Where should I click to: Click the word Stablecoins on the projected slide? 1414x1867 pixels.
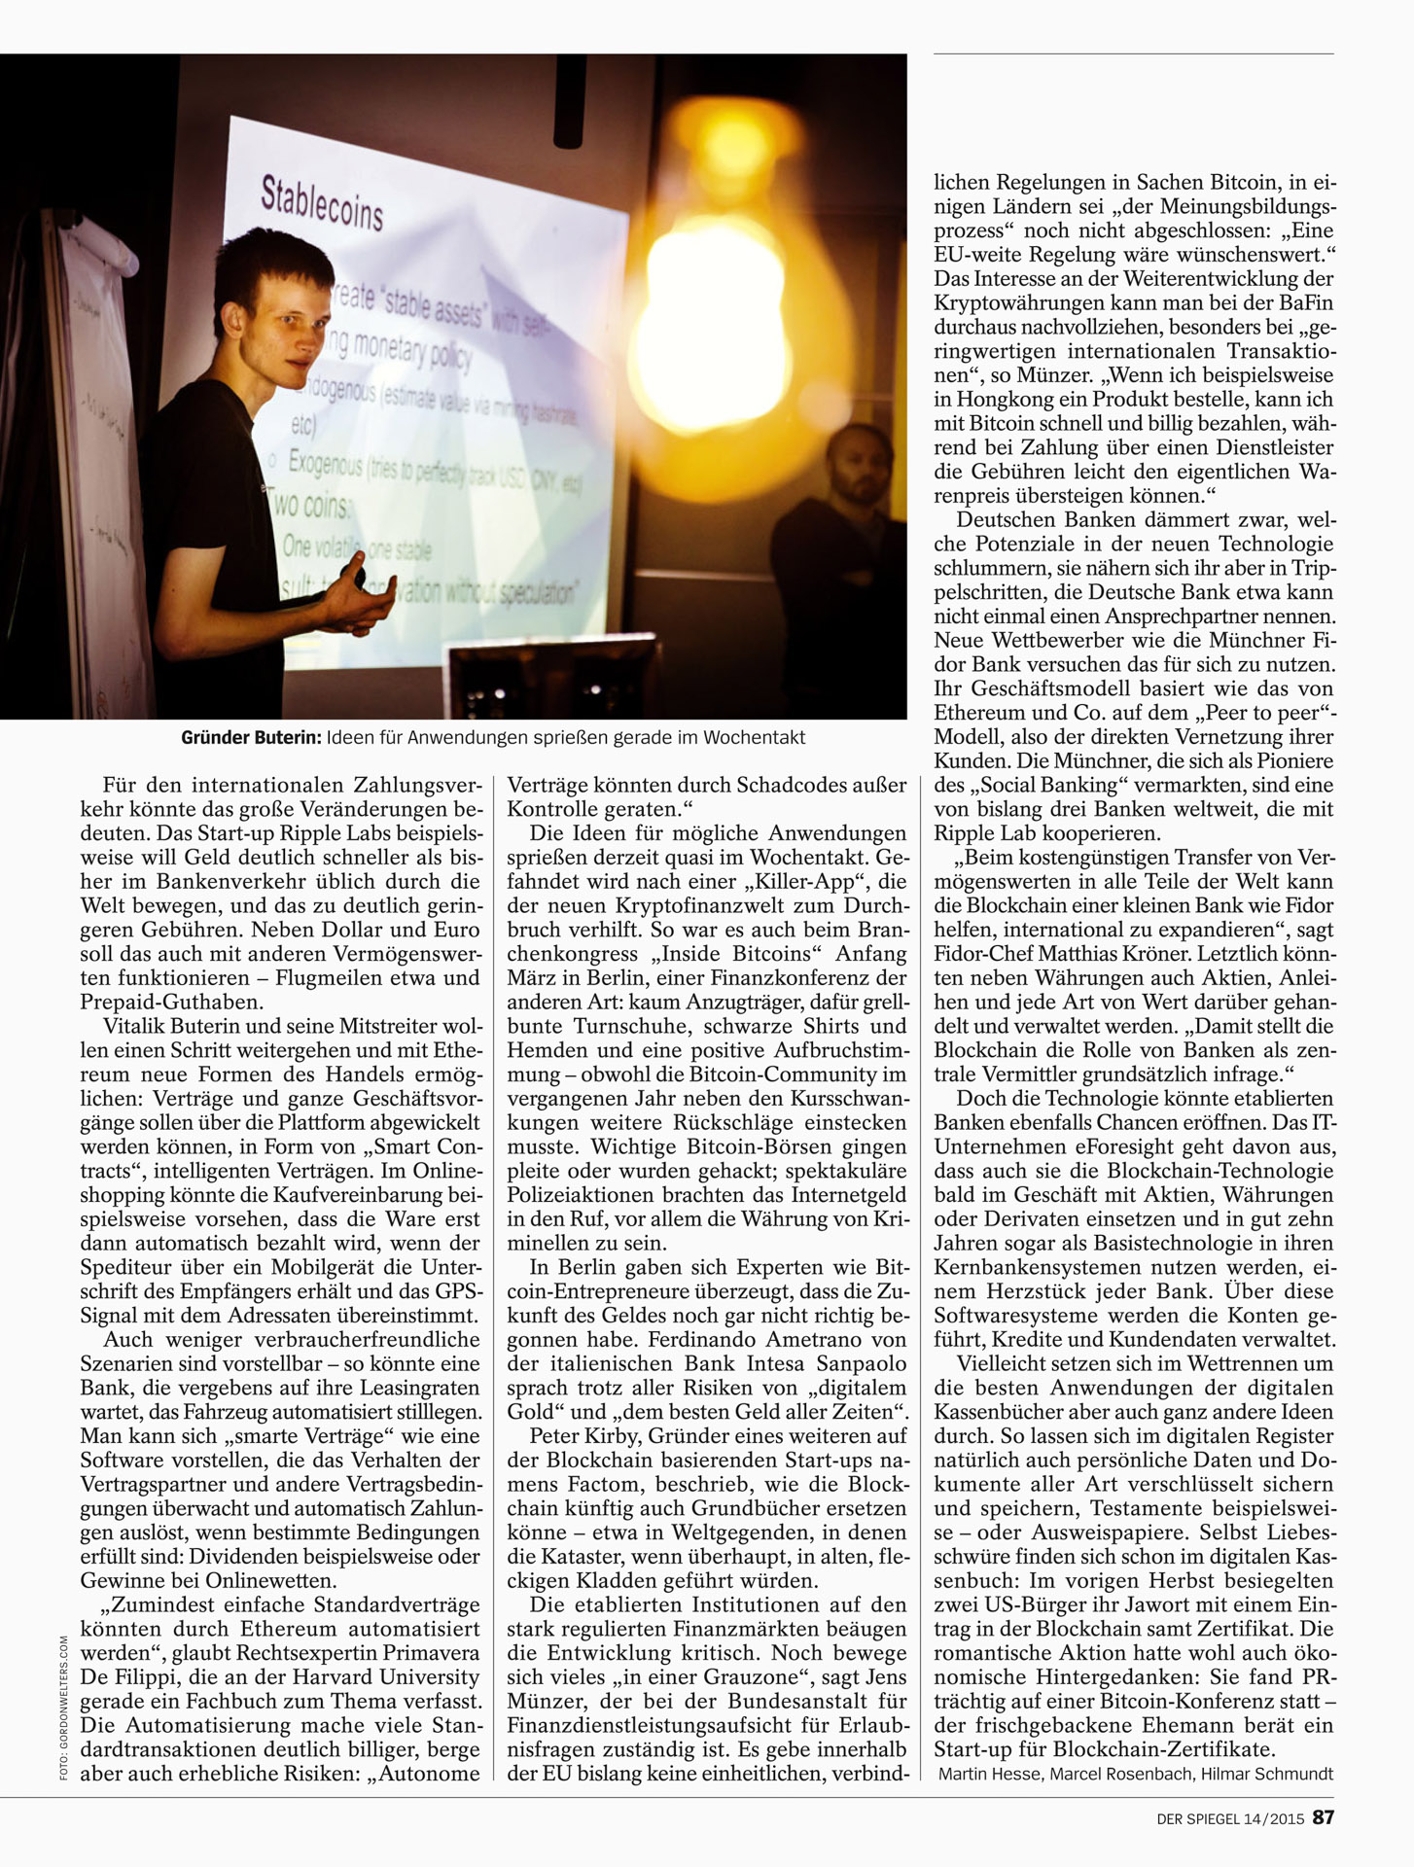click(x=322, y=203)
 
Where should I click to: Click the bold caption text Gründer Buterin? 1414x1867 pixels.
click(x=250, y=738)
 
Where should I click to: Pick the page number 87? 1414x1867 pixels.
click(x=1323, y=1816)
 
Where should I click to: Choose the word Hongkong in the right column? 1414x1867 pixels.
click(x=1008, y=400)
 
